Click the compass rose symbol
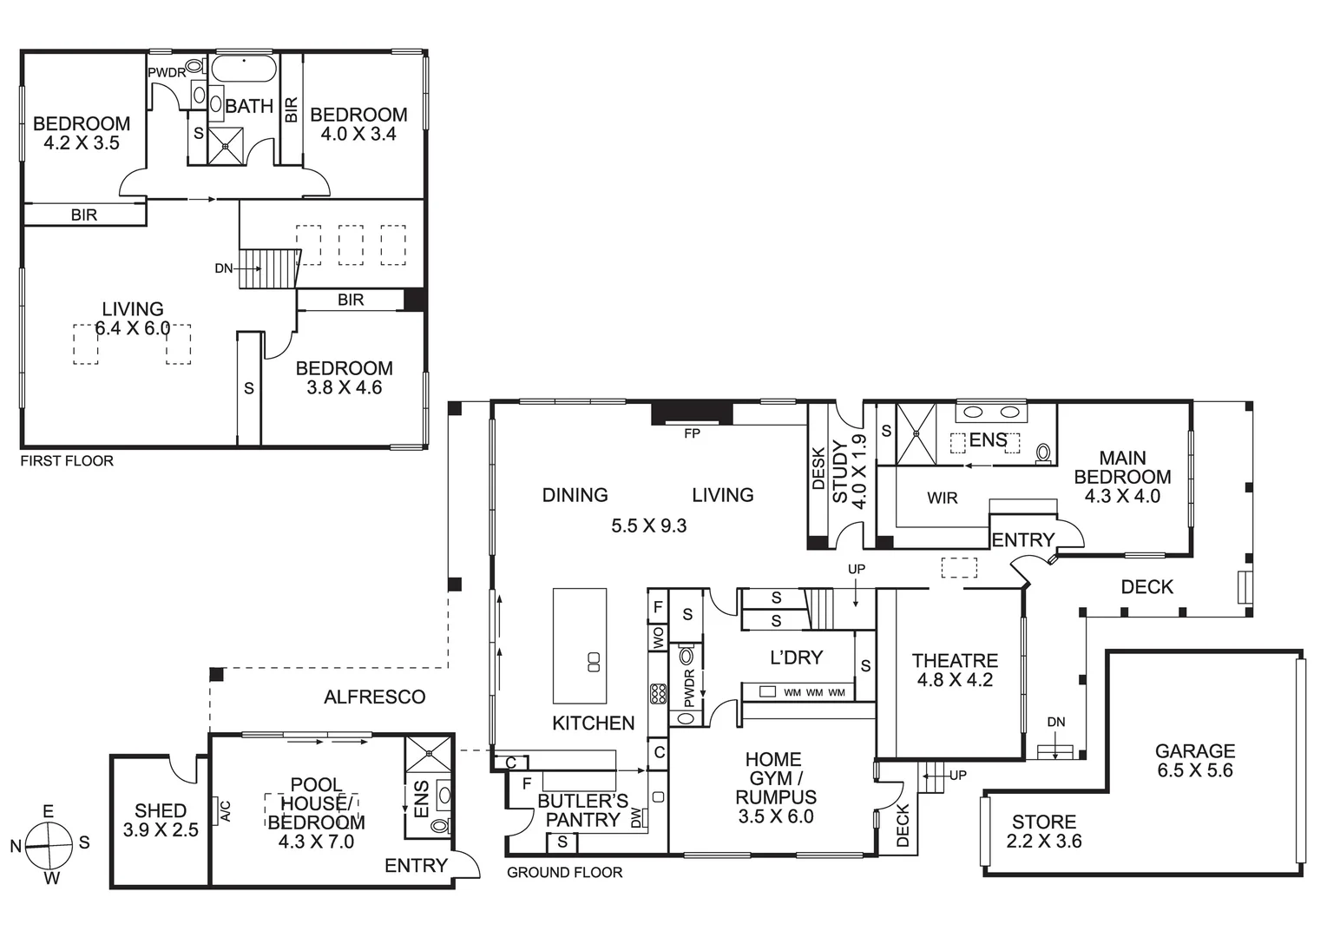(48, 845)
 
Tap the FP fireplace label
(692, 433)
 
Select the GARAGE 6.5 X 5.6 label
(1194, 760)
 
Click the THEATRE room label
(955, 670)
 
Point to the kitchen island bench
(580, 645)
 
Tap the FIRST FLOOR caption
(67, 461)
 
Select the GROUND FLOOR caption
(564, 872)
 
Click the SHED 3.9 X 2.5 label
(161, 820)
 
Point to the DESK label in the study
(818, 469)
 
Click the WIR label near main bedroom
(942, 499)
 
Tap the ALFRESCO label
(374, 697)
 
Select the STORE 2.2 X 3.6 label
(1043, 831)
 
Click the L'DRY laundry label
(796, 657)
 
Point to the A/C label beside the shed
(225, 810)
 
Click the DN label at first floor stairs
(223, 268)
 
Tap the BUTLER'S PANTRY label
(582, 810)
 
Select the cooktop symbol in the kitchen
(658, 694)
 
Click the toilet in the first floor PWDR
(195, 66)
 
